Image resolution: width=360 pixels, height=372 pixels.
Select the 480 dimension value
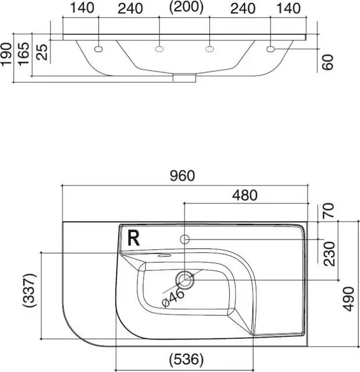(245, 195)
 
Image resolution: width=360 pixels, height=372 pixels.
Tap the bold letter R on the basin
(134, 238)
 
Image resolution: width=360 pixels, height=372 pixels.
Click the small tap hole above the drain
(186, 239)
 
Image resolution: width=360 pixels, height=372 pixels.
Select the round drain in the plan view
(186, 280)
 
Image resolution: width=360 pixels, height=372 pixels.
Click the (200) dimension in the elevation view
(186, 7)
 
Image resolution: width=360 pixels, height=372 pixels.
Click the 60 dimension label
(329, 62)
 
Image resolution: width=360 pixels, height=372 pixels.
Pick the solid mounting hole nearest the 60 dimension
(270, 48)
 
